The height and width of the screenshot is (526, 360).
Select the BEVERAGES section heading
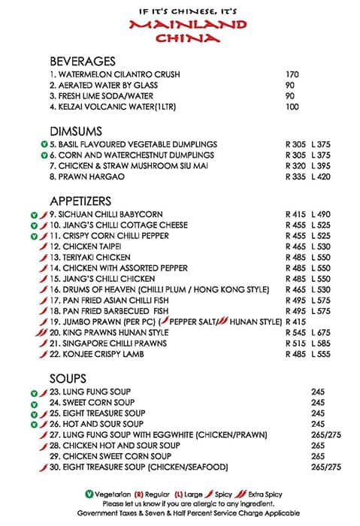click(x=82, y=62)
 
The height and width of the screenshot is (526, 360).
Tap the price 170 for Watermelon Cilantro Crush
click(x=293, y=74)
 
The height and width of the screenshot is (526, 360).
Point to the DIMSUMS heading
click(x=75, y=130)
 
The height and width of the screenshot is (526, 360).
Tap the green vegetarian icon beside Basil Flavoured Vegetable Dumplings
click(x=44, y=144)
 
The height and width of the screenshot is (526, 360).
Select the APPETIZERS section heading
click(x=80, y=201)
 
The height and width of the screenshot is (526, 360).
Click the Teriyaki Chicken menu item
click(x=91, y=257)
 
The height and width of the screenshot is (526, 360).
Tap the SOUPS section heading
click(x=68, y=378)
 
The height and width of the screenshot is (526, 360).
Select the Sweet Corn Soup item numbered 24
click(x=89, y=403)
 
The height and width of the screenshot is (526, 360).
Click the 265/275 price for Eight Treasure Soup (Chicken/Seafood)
click(x=326, y=467)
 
